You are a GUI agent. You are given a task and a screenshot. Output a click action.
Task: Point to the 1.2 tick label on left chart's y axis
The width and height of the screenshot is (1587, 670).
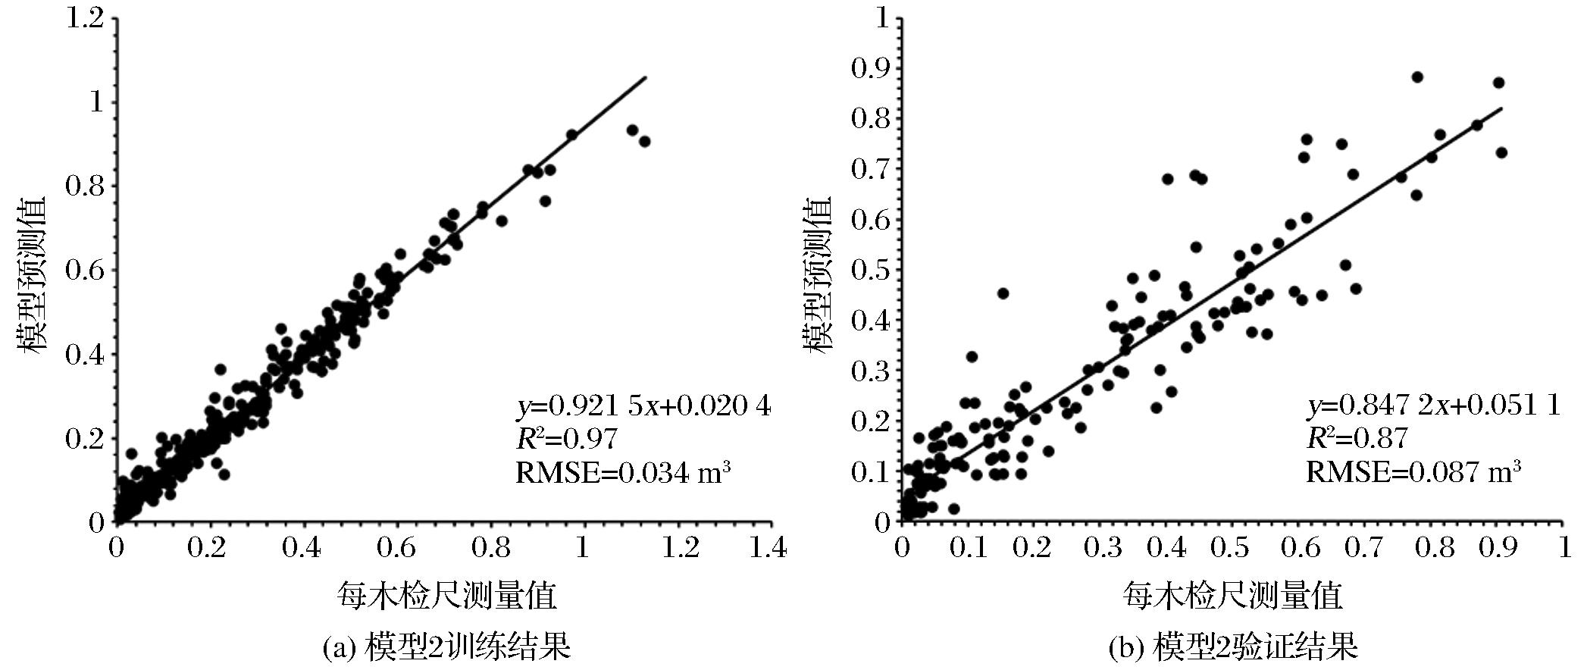pyautogui.click(x=84, y=18)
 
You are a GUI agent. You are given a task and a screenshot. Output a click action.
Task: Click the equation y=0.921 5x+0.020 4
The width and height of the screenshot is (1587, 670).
pyautogui.click(x=643, y=407)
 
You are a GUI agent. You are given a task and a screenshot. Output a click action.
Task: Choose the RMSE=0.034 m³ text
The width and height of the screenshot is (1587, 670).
pyautogui.click(x=623, y=472)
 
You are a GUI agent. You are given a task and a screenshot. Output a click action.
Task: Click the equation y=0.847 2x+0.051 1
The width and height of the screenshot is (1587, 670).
pyautogui.click(x=1433, y=407)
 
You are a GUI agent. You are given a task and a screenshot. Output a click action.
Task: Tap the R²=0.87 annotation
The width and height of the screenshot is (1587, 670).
pyautogui.click(x=1357, y=439)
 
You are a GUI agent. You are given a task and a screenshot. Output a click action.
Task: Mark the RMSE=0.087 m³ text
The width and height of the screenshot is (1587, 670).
pyautogui.click(x=1413, y=472)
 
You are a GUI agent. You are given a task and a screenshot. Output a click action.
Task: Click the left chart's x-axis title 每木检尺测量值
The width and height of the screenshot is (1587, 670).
pyautogui.click(x=446, y=596)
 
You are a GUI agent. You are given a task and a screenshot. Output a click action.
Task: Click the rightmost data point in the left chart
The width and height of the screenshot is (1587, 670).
pyautogui.click(x=645, y=142)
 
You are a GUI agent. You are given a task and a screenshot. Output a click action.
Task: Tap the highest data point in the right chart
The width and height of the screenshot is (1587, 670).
pyautogui.click(x=1417, y=77)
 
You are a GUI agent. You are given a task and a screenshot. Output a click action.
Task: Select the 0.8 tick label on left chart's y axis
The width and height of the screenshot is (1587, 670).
pyautogui.click(x=84, y=186)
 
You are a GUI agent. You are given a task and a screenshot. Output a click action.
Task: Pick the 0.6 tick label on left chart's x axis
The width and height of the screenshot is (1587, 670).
pyautogui.click(x=395, y=548)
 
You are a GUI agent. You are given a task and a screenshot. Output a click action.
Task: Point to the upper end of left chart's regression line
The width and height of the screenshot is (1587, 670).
pyautogui.click(x=646, y=77)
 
